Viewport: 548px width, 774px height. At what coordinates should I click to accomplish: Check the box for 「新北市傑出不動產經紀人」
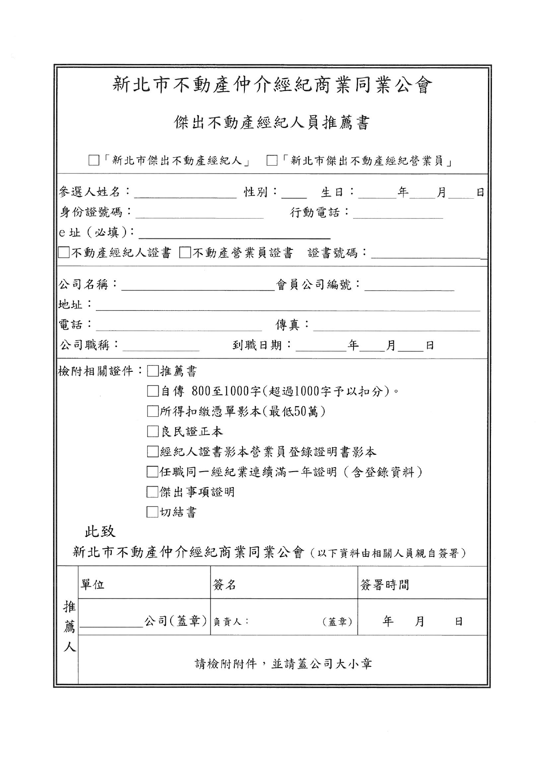(x=93, y=160)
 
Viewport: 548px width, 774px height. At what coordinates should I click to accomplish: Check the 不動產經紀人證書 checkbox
(x=65, y=253)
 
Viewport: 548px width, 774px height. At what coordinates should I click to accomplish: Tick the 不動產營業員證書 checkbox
(x=185, y=253)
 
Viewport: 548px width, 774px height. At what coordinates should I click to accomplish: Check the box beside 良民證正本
(x=152, y=431)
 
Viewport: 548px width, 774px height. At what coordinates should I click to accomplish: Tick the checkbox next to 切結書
(x=152, y=512)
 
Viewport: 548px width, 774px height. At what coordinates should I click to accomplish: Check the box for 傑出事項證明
(x=152, y=492)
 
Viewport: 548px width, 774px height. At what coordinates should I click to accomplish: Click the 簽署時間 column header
(x=384, y=585)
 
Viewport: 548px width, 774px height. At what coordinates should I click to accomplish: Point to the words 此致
(x=100, y=531)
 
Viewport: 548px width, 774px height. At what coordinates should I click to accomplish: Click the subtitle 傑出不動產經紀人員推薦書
(x=272, y=123)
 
